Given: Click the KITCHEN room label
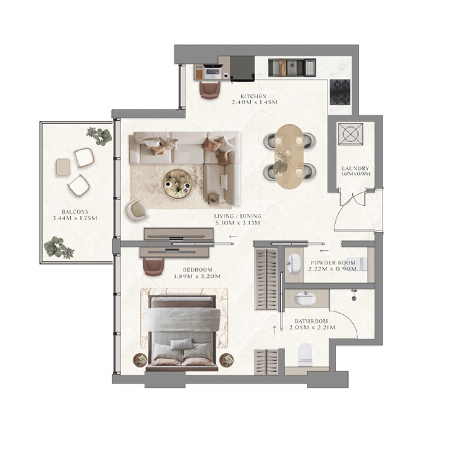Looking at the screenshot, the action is click(253, 96).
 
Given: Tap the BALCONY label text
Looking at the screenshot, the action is click(75, 212).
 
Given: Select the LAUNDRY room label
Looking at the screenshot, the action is click(355, 168).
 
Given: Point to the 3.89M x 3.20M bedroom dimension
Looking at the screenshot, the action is click(197, 276).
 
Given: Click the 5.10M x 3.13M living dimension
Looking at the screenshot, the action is click(237, 222).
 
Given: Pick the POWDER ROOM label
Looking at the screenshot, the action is click(333, 263).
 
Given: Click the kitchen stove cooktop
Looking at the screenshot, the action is click(340, 92).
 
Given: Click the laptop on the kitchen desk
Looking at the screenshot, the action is click(213, 72).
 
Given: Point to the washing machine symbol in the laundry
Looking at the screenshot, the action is click(350, 134).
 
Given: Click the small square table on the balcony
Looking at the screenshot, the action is click(63, 167).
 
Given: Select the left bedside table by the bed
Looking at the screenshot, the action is click(140, 359).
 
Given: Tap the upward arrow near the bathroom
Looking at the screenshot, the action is click(274, 330).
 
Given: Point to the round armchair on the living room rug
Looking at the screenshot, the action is click(137, 209).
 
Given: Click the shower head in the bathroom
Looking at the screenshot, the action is click(353, 297).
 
